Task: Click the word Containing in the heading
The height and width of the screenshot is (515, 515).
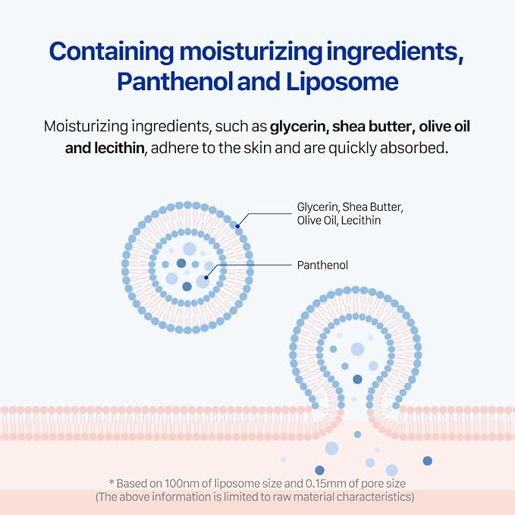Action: click(x=111, y=52)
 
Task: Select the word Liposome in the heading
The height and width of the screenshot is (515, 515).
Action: click(x=342, y=81)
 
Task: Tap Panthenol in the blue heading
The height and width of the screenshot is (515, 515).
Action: click(x=174, y=81)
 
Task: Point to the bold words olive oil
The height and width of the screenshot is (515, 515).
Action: click(x=444, y=126)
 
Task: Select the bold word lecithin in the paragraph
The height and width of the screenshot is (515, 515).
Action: click(x=119, y=148)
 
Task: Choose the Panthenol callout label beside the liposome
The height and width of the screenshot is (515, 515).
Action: click(x=322, y=265)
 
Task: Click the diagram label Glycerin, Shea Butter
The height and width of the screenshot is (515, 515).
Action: click(x=350, y=207)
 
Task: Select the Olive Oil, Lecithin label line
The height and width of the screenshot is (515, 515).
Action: click(x=338, y=221)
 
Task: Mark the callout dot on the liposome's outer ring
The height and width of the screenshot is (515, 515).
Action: click(x=237, y=226)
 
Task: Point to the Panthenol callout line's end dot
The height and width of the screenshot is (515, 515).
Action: click(x=206, y=278)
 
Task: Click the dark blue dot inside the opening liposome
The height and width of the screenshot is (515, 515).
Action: click(x=357, y=379)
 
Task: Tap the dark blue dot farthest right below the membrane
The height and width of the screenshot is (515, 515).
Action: click(x=427, y=461)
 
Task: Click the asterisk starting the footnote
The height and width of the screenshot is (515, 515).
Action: click(x=111, y=482)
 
